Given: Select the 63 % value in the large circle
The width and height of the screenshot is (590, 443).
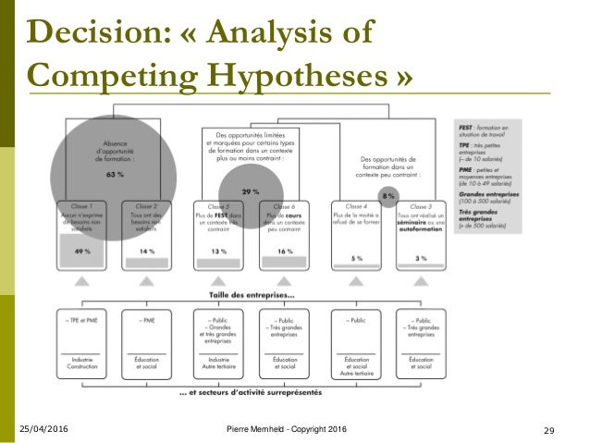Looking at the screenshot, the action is (x=115, y=173).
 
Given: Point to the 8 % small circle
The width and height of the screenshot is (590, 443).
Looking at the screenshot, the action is (x=389, y=195).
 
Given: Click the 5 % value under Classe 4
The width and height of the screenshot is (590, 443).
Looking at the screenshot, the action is (x=356, y=258).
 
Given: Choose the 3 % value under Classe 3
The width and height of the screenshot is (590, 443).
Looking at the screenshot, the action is (x=420, y=258).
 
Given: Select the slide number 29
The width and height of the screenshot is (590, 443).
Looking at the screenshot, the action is (x=548, y=432).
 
